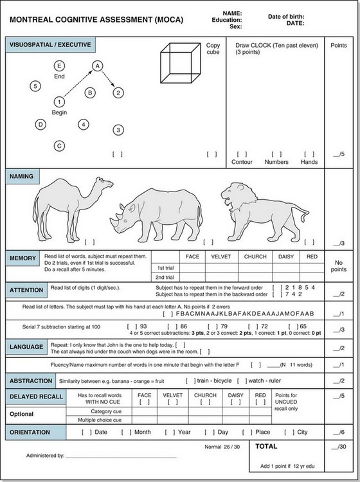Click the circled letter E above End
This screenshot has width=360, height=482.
click(59, 66)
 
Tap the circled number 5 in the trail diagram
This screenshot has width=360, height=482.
click(35, 86)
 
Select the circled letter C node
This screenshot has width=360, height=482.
click(59, 146)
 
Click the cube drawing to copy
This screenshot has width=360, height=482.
click(181, 63)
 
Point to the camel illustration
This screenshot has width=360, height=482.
click(73, 209)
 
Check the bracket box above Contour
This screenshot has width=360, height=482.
click(242, 154)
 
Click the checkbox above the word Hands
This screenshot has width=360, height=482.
click(309, 154)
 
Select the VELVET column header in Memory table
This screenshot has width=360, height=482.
click(221, 256)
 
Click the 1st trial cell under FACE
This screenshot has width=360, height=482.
click(192, 268)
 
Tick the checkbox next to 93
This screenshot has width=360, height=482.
click(132, 326)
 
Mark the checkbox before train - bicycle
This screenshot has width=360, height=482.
click(190, 381)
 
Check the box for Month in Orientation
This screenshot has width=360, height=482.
click(127, 433)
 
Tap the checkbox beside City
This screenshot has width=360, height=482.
click(289, 433)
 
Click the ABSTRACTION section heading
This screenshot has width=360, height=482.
click(31, 381)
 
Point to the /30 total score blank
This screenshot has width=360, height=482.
click(339, 447)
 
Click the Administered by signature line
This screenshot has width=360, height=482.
click(121, 458)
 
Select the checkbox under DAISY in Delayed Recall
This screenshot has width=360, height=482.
click(235, 402)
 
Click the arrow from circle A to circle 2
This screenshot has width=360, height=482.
click(108, 78)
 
